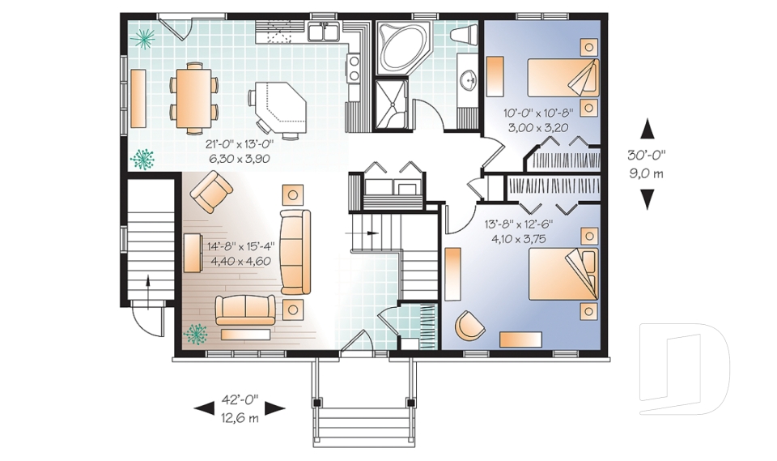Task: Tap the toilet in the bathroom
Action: click(463, 35)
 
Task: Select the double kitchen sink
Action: click(324, 32)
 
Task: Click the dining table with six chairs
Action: click(194, 98)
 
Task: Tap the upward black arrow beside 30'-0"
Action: click(647, 129)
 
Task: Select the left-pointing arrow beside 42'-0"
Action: click(204, 408)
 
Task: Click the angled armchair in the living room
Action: click(211, 192)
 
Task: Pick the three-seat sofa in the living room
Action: click(295, 252)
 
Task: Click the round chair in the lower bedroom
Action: click(469, 326)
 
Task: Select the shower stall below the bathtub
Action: click(392, 105)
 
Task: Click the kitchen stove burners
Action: click(354, 68)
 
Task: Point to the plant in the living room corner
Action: click(196, 334)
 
